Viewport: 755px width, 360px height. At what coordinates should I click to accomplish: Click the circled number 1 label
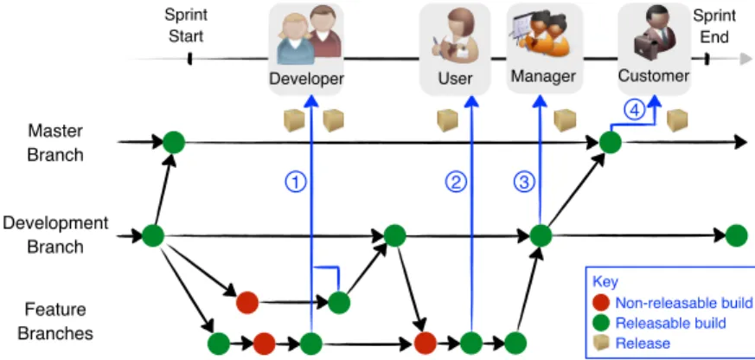[296, 183]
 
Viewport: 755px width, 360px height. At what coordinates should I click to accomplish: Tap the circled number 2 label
[456, 183]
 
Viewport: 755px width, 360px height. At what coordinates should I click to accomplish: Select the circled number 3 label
[524, 183]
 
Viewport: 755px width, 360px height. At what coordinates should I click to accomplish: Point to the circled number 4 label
[634, 110]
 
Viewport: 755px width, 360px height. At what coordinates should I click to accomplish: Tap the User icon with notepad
[455, 35]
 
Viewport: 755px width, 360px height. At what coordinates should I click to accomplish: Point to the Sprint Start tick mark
[189, 59]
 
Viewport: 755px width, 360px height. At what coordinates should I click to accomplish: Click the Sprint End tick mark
[707, 59]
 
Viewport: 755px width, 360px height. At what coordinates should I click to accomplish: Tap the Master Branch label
[55, 143]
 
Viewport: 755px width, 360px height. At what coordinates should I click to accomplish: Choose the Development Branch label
[55, 235]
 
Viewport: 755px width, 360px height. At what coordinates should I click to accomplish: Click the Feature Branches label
[55, 320]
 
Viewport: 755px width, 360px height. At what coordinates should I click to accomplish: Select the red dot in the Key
[602, 303]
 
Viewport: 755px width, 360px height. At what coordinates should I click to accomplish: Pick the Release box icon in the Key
[602, 343]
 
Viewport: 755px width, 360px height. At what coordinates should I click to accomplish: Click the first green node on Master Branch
[174, 142]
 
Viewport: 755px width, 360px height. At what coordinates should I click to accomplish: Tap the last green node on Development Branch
[736, 235]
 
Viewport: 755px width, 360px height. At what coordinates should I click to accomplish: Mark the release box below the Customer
[677, 120]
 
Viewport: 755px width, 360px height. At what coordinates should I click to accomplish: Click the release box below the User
[447, 120]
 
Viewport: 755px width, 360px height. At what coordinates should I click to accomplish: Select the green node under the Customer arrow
[610, 143]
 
